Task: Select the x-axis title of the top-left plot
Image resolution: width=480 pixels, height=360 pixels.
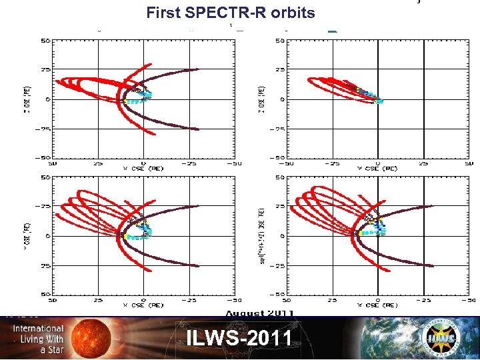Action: (x=142, y=168)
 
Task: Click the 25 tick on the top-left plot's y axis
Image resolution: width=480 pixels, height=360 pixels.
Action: (x=45, y=70)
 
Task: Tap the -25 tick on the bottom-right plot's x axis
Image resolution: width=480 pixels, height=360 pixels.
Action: (x=423, y=299)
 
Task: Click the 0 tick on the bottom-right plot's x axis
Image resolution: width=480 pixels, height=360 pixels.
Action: (x=378, y=299)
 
